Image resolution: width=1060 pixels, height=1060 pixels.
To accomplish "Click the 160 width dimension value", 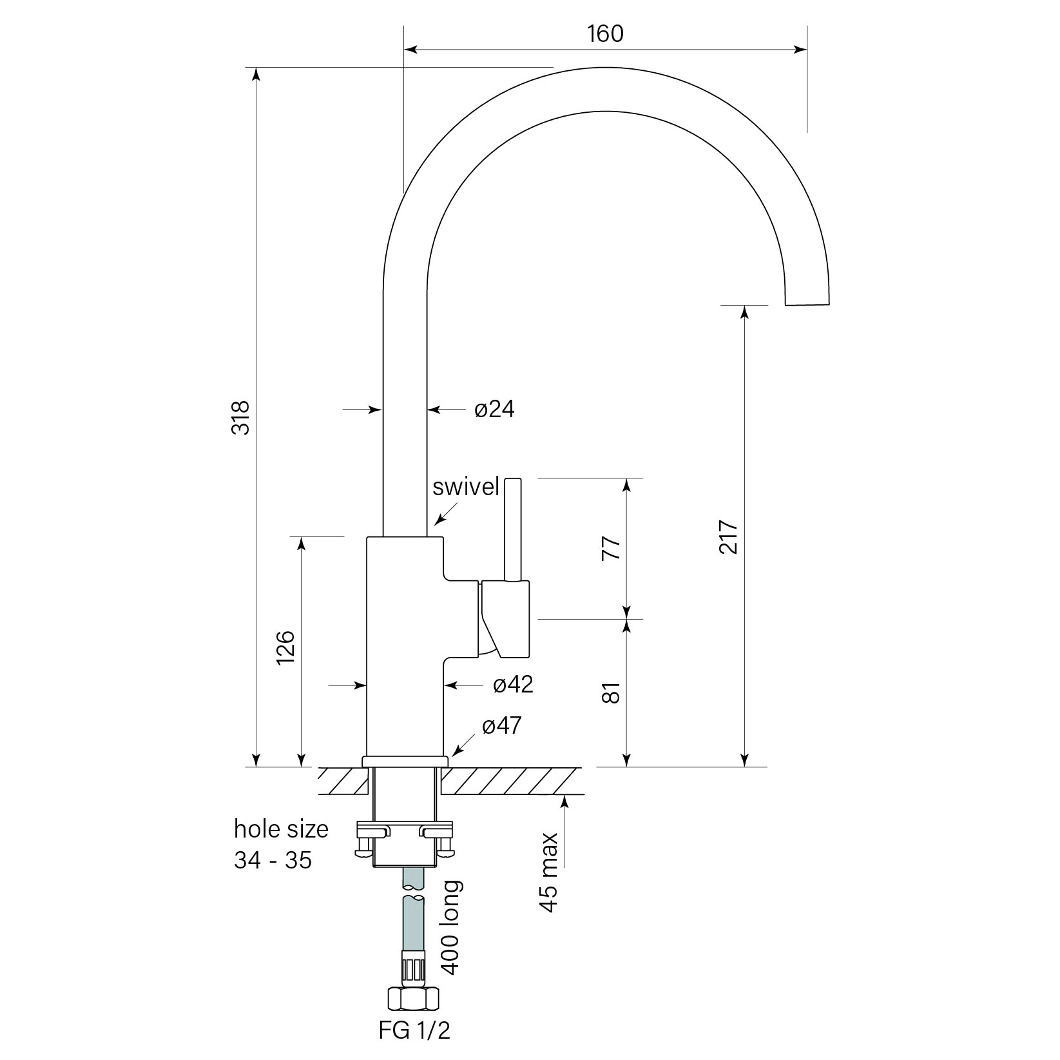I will [x=605, y=34].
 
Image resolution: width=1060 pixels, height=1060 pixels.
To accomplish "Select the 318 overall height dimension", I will [x=240, y=417].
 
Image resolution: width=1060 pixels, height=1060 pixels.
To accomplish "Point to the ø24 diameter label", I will [x=494, y=409].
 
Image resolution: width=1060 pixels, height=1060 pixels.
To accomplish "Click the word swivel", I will [x=466, y=487].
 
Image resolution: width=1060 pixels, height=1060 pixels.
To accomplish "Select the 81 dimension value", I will [x=612, y=692].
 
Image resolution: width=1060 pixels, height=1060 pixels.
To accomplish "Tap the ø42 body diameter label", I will [x=513, y=684].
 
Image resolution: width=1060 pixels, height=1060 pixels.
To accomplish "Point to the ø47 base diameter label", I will [x=501, y=726].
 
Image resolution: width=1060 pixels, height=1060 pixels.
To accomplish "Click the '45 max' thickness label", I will [x=548, y=872].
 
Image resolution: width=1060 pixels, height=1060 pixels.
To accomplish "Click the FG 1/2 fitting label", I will [x=414, y=1030].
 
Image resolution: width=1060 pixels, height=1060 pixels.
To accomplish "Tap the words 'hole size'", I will [x=281, y=829].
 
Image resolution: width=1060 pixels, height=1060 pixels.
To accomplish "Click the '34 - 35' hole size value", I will [x=273, y=860].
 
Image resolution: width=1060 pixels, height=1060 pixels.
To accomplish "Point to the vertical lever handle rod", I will [x=512, y=529].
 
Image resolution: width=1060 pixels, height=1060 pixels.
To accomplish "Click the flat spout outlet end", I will [x=807, y=304].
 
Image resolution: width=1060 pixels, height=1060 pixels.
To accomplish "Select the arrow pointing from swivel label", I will [x=447, y=514].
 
